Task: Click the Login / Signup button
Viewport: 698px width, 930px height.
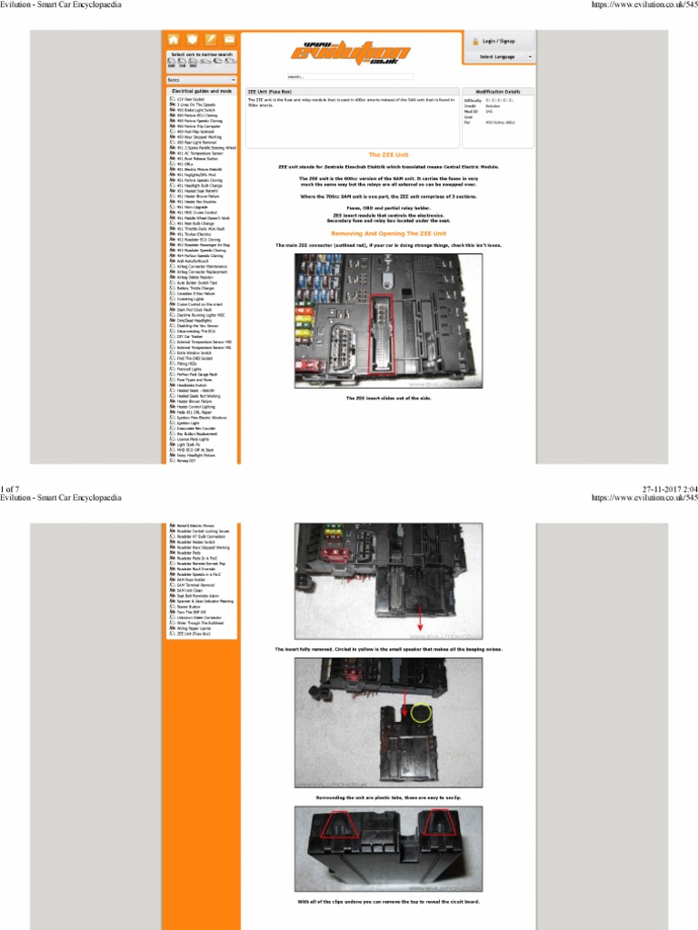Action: (x=499, y=41)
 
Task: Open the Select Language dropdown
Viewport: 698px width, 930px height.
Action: (x=499, y=56)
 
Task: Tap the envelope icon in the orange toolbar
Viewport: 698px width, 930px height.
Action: (x=229, y=39)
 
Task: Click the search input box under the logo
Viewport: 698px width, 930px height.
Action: (x=350, y=76)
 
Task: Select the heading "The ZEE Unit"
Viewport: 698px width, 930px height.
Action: (x=388, y=155)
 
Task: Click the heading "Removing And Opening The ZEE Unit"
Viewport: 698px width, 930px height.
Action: (x=388, y=233)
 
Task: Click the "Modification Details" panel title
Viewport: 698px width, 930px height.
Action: (x=498, y=92)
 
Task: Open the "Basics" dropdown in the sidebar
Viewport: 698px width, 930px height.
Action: (x=200, y=80)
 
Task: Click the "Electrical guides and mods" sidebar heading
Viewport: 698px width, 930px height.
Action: (x=202, y=91)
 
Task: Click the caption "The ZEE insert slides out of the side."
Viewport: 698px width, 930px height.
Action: (x=388, y=398)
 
